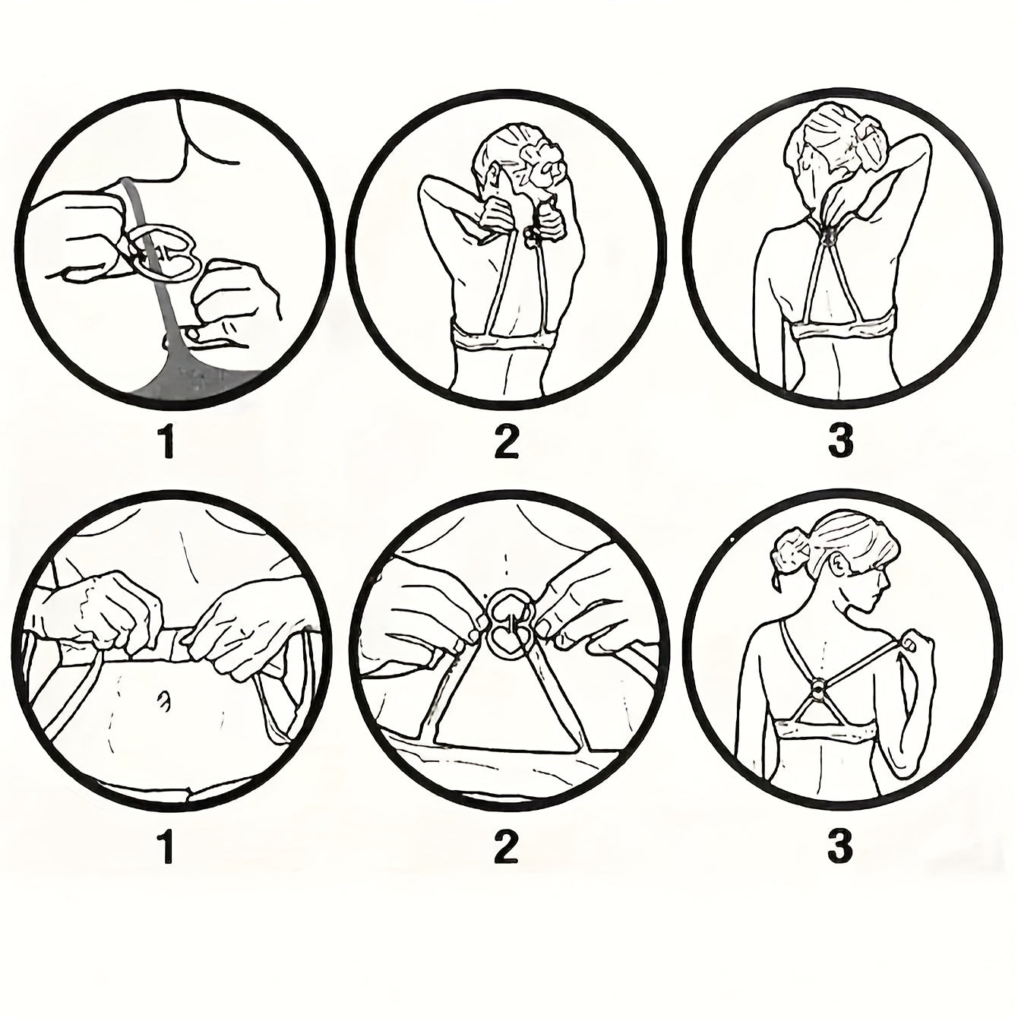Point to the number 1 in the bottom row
tap(168, 846)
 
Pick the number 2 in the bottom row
tap(507, 846)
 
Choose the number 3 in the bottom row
tap(839, 846)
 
